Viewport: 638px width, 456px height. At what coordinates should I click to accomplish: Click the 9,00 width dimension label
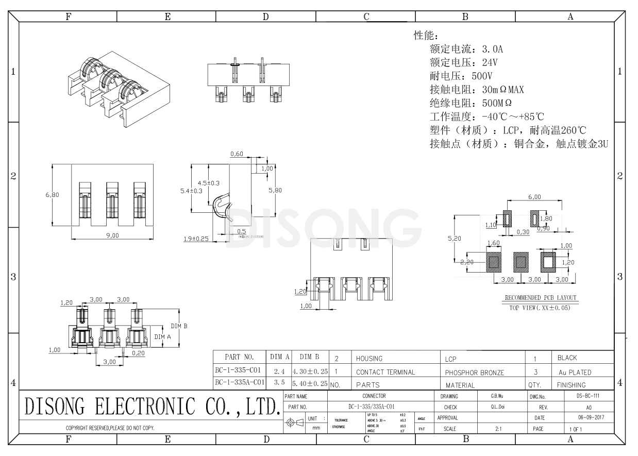click(112, 235)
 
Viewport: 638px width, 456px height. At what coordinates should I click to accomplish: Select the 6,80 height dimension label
click(52, 195)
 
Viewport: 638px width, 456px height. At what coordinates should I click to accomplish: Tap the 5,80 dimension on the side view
click(275, 190)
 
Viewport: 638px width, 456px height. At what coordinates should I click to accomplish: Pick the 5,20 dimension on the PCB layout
click(454, 239)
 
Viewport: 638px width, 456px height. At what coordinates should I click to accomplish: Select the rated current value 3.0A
click(492, 49)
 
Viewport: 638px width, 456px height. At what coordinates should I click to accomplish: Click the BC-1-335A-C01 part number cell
click(240, 382)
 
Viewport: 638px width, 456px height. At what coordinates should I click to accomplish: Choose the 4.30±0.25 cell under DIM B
click(310, 370)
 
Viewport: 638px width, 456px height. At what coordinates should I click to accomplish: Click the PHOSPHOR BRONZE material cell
click(474, 372)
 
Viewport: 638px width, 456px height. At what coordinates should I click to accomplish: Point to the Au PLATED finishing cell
click(574, 372)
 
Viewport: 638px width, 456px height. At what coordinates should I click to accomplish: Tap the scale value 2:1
click(498, 428)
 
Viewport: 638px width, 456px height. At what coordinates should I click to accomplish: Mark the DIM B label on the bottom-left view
click(179, 326)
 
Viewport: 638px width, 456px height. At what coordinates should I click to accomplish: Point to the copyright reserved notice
click(110, 428)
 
